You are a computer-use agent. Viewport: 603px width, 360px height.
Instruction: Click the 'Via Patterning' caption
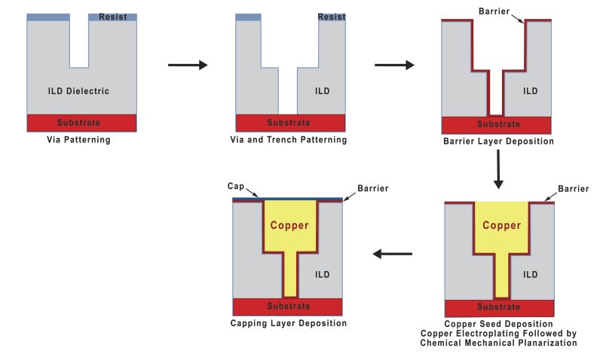[79, 139]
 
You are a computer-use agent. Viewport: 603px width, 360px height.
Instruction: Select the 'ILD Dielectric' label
[78, 91]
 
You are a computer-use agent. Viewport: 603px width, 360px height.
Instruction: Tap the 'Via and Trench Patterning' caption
[289, 139]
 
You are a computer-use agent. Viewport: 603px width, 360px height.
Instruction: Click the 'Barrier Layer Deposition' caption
[497, 141]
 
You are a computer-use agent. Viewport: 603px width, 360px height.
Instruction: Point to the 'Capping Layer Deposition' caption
[288, 323]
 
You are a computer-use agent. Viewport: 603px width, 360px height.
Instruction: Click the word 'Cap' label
[234, 185]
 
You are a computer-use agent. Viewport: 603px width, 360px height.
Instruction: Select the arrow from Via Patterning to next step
[187, 66]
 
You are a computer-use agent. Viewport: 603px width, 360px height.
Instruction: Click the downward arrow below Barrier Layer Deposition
[497, 169]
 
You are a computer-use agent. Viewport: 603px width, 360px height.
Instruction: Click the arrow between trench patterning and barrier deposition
[394, 66]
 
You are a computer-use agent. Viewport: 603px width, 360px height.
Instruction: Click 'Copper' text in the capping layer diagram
[290, 225]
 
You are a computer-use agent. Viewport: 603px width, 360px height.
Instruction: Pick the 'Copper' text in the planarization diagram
[501, 225]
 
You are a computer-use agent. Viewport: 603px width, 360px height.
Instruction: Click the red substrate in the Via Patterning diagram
[81, 122]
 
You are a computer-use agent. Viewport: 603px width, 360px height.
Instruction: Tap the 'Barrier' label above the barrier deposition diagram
[495, 11]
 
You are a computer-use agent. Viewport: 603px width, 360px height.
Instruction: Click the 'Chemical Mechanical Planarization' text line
[498, 343]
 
